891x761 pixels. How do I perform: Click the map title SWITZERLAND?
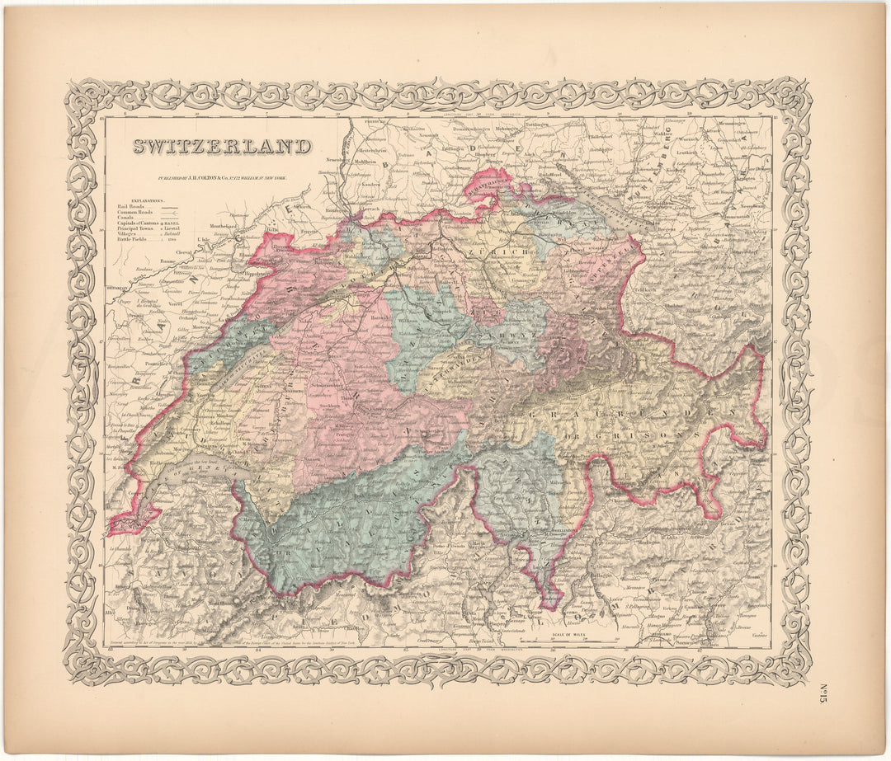tap(223, 148)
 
